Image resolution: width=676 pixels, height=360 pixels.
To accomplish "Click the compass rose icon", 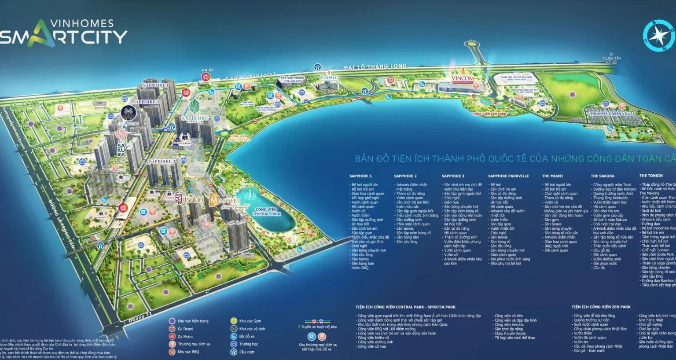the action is tap(658, 35).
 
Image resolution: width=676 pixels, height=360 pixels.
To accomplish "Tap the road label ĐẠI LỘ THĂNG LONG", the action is tap(375, 66).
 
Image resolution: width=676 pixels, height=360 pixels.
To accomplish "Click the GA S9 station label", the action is tap(207, 70).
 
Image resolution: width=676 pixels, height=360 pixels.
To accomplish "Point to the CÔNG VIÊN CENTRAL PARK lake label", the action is tap(266, 212).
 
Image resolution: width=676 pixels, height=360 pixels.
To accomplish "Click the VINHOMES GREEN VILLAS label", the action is tap(611, 114).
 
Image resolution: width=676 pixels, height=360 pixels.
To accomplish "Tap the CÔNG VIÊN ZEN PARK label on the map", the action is tap(489, 114).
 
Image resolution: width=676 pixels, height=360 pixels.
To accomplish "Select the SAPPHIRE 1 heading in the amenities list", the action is tap(360, 176).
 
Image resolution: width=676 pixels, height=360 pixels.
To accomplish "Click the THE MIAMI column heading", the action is tap(552, 176).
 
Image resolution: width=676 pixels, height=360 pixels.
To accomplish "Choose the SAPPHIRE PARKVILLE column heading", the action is tap(508, 176).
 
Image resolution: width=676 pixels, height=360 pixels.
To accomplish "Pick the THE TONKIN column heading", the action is tap(652, 176).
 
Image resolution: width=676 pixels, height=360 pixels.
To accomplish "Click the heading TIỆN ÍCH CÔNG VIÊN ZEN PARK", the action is tap(601, 307).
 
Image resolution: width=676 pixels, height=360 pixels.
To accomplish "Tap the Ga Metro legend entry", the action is tap(185, 337).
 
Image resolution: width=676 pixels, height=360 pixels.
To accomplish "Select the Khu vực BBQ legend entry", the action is tap(188, 352).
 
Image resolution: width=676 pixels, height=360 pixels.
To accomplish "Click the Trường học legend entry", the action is tap(248, 344).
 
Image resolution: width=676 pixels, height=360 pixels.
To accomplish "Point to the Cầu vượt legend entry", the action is tap(246, 352).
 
